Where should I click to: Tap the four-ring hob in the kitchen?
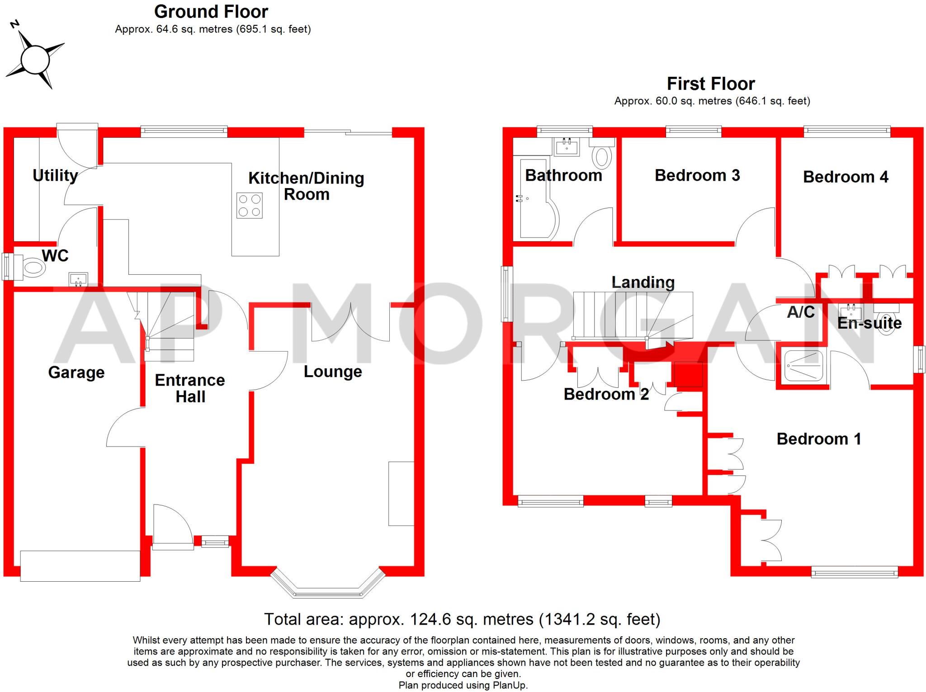click(x=250, y=206)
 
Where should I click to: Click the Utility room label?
click(x=55, y=175)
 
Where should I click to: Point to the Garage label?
click(x=76, y=372)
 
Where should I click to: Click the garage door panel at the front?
click(x=80, y=565)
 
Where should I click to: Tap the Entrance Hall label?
click(x=190, y=388)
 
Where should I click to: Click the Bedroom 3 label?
click(x=697, y=175)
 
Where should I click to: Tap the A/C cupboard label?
click(x=801, y=312)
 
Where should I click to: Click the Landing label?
click(x=643, y=282)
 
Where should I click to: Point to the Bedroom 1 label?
click(x=819, y=439)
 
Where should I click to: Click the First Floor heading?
click(x=711, y=84)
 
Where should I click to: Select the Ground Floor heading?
click(x=211, y=12)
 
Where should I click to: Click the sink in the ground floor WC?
click(x=78, y=279)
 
